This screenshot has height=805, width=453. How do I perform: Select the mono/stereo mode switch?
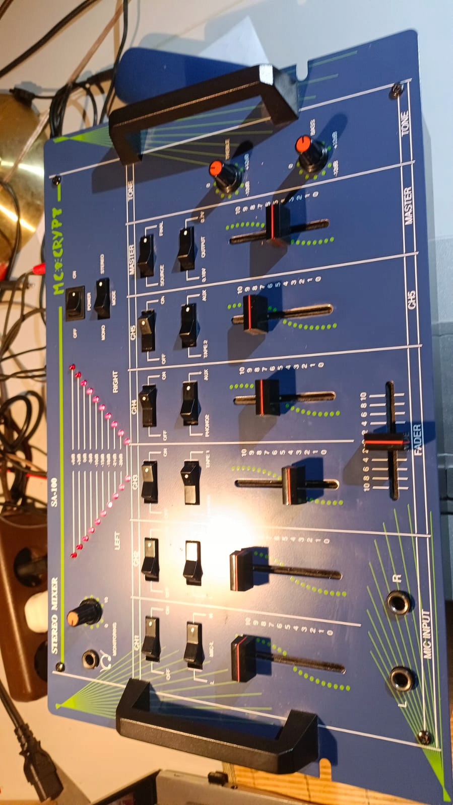point(102,298)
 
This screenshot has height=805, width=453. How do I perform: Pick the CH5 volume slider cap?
point(255,314)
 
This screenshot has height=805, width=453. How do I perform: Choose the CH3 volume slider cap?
point(294,485)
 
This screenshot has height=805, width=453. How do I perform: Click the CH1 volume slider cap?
point(243,658)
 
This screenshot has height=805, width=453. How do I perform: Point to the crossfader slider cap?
point(386,443)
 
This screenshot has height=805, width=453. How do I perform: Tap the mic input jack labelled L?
point(402,679)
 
